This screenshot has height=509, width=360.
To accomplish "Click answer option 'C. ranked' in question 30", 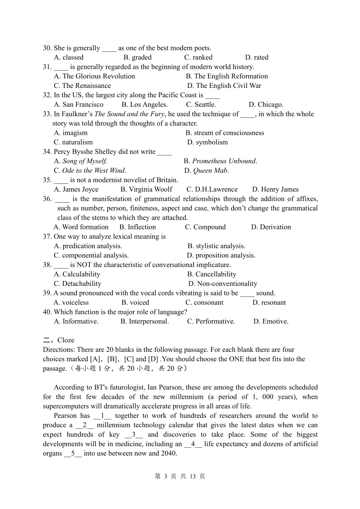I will click(x=198, y=58).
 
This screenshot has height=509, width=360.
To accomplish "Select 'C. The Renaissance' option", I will click(x=82, y=86).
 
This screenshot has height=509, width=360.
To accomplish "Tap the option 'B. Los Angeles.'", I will click(x=144, y=105).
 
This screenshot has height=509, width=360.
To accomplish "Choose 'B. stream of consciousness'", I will click(x=225, y=133).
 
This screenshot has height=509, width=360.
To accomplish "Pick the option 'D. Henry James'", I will click(x=275, y=189).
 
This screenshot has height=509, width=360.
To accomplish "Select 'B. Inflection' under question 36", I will click(x=138, y=227).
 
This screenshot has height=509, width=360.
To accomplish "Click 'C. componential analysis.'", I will click(x=91, y=256).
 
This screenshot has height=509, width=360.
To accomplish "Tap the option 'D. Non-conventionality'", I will click(x=223, y=284).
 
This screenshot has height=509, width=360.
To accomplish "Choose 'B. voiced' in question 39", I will click(x=135, y=303).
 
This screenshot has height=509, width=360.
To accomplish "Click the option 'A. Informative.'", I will click(x=76, y=322).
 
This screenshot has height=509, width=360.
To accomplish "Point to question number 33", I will click(x=47, y=114).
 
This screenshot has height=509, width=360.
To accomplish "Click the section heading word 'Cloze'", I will click(x=66, y=340).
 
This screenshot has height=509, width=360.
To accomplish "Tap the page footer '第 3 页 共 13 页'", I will click(x=180, y=476).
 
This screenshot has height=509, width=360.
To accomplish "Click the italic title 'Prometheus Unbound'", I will click(x=224, y=161).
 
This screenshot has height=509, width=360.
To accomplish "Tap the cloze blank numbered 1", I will click(x=102, y=416).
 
